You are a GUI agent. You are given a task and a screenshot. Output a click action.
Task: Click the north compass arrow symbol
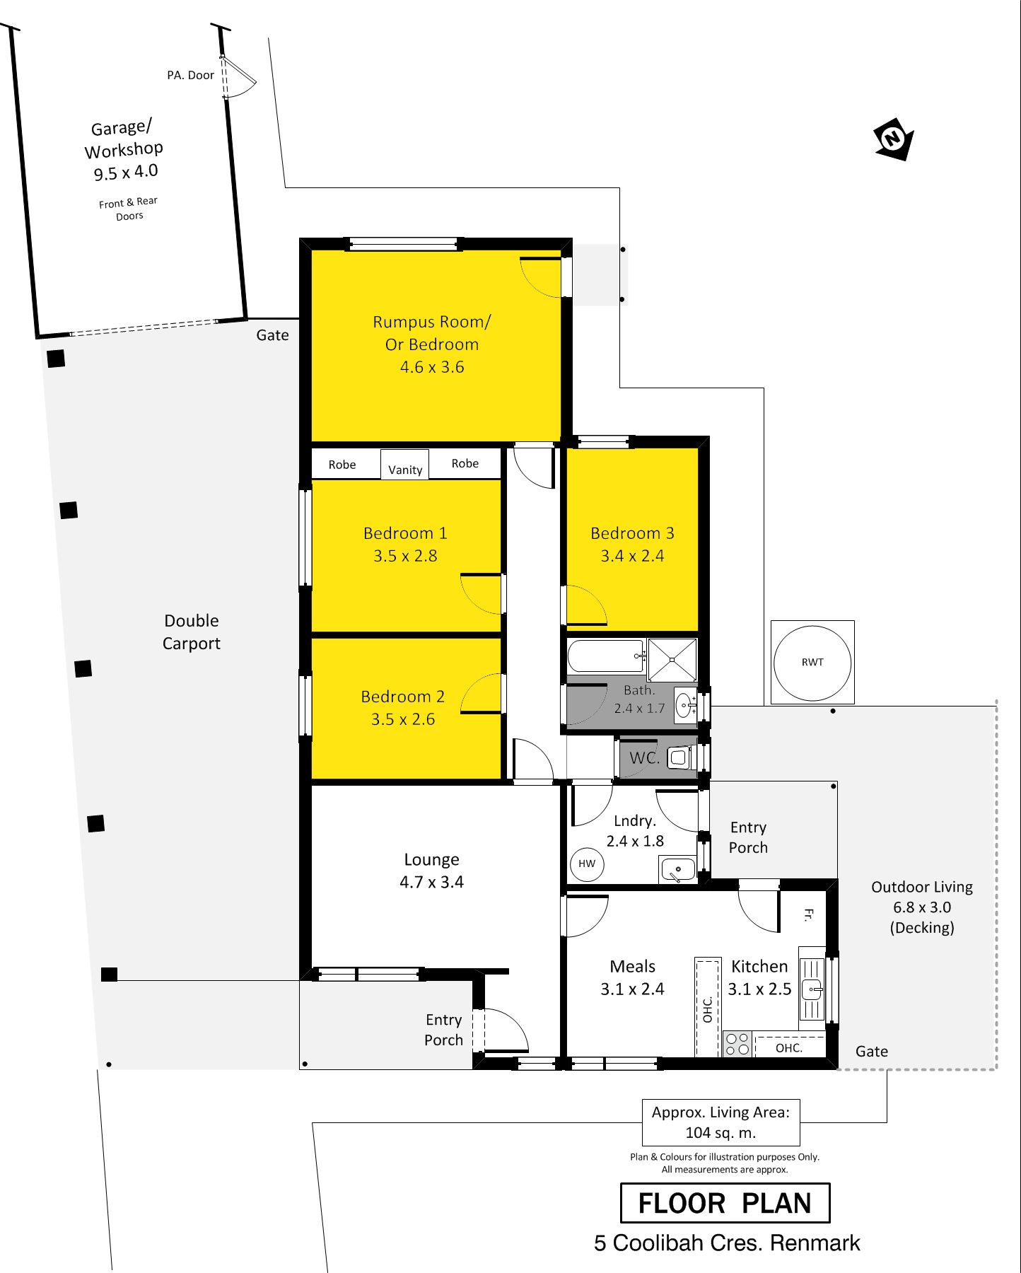(894, 139)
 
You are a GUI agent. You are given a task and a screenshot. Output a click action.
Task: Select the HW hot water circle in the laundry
(587, 864)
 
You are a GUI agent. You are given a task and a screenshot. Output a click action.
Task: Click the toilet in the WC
(679, 758)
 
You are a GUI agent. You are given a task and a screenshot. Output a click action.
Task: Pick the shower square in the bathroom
(672, 659)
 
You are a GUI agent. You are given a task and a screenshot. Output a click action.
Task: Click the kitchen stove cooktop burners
(737, 1044)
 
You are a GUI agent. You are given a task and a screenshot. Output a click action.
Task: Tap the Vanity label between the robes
(405, 470)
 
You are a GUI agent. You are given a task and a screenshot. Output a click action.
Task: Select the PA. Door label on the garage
(190, 75)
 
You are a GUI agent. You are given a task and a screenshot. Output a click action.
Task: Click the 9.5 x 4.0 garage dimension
(126, 173)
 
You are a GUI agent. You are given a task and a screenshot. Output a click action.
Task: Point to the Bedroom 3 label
(632, 533)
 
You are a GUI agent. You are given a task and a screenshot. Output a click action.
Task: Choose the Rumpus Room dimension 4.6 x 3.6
(432, 367)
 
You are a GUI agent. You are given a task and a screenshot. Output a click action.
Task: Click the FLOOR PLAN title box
(725, 1203)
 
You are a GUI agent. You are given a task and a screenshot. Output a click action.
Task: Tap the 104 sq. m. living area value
(720, 1133)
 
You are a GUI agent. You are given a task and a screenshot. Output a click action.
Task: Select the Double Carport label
(192, 632)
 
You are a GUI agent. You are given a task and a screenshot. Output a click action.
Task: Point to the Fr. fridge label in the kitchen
(808, 915)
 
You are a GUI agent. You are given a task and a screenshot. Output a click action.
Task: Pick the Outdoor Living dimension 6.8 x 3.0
(922, 907)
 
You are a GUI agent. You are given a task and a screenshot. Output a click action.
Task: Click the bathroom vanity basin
(685, 704)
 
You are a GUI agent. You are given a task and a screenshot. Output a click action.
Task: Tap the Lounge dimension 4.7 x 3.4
(431, 882)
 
